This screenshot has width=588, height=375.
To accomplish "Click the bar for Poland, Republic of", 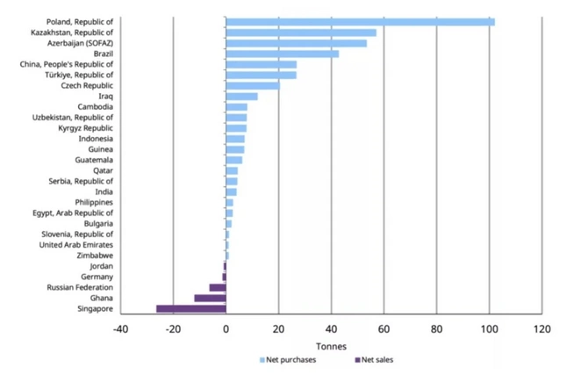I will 360,22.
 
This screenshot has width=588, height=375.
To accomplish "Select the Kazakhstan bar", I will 301,32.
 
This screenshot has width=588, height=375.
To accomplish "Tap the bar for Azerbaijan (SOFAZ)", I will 297,43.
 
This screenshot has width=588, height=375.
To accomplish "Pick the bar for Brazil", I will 283,54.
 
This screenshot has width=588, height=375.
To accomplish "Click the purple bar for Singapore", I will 191,308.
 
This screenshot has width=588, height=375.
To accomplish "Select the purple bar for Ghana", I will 211,298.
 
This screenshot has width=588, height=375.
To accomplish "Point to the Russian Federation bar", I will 218,287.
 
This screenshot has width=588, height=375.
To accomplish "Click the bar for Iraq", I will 241,97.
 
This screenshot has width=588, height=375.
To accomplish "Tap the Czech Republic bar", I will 253,86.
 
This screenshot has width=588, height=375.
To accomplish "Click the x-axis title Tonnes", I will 331,345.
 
